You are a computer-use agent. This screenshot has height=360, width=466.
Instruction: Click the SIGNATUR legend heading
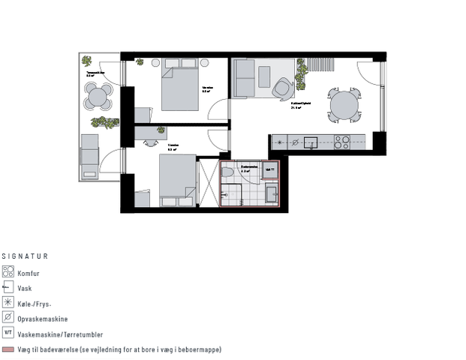point(25,256)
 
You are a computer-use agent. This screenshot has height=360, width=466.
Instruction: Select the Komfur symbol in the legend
point(9,272)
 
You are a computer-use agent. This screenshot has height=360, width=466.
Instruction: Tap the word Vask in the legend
point(25,288)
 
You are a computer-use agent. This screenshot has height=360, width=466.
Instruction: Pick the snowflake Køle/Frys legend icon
point(9,303)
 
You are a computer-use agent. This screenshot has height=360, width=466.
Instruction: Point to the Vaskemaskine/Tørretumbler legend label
point(60,334)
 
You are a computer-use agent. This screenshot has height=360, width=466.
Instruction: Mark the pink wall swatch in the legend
point(9,349)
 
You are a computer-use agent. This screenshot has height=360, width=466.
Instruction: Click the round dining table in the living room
point(345,106)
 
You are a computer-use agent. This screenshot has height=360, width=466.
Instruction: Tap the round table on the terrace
point(98,95)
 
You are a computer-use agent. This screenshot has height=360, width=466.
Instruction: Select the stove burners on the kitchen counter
point(342,141)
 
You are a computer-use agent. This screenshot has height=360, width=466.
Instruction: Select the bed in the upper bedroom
point(179,88)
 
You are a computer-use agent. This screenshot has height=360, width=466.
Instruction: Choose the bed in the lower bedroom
point(176,181)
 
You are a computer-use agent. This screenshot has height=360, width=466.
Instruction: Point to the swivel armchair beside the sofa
point(283,88)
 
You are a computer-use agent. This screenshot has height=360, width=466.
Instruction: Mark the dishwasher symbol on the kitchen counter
point(295,141)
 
